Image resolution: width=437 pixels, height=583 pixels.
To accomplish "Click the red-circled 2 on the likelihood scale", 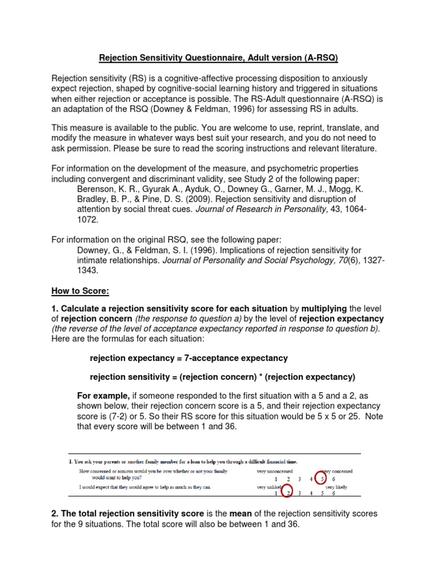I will tap(288, 493).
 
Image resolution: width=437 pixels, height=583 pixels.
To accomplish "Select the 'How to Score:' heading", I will tap(80, 291).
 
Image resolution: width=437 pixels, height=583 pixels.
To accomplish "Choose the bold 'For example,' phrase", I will tap(103, 396).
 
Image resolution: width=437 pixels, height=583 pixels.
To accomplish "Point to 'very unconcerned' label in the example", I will tap(274, 471).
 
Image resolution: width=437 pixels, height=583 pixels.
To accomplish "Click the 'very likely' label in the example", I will tap(336, 487).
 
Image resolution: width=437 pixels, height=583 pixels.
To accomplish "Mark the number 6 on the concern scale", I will tap(333, 479).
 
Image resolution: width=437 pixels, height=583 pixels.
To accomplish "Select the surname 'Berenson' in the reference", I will tap(97, 189).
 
